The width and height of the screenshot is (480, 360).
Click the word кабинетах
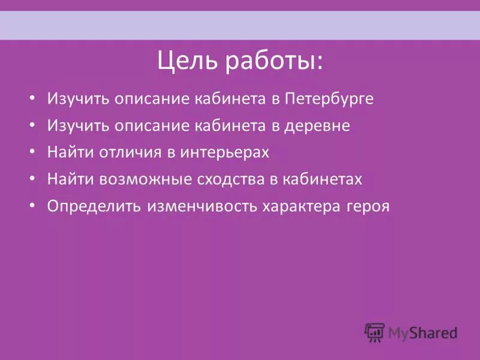(325, 179)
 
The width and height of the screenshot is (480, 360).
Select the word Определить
(94, 206)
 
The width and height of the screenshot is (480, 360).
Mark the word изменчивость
(201, 206)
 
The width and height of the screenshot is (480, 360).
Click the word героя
(368, 206)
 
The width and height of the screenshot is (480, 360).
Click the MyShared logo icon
(374, 331)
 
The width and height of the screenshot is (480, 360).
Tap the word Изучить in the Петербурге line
(74, 99)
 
